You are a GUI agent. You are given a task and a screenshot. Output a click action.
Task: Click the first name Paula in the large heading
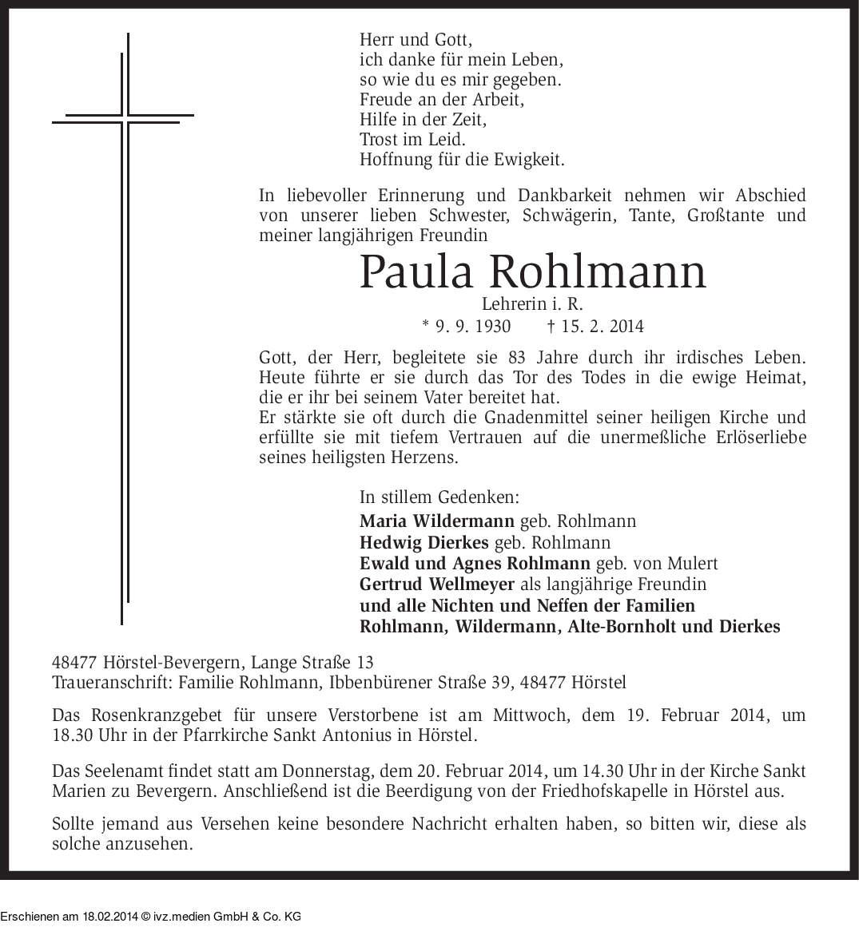coord(418,272)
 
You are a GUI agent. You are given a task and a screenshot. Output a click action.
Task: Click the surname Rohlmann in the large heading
coord(597,272)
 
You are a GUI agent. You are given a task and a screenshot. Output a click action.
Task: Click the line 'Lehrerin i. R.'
coord(532,304)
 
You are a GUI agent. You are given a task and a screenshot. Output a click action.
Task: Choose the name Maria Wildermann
coord(437,521)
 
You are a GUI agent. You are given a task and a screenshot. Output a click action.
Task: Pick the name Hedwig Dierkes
coord(424,543)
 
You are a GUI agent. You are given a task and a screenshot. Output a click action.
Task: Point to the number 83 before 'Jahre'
coord(517,358)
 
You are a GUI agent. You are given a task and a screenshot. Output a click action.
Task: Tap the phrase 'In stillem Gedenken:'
coord(439,497)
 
